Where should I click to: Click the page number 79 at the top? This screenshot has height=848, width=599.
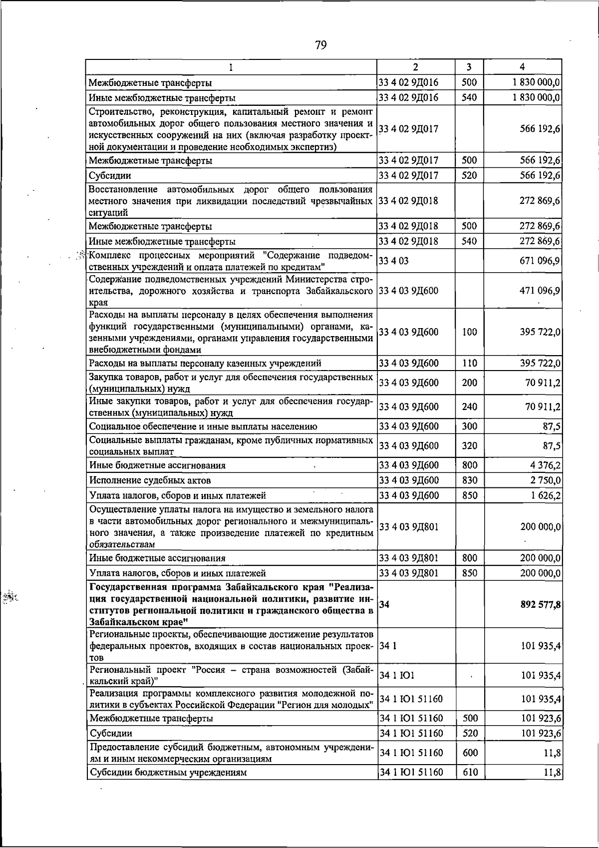321,45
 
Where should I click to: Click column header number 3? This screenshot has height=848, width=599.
469,67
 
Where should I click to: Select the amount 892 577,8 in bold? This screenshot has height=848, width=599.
540,605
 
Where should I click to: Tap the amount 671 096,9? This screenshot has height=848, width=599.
540,261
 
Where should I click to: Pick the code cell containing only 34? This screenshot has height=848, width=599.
384,605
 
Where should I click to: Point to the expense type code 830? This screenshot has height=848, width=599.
469,480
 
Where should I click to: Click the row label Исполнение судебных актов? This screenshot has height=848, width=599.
150,480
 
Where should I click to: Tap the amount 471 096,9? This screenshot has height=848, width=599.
540,290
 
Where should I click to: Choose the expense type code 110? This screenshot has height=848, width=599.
469,363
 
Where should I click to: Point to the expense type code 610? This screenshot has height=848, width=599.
469,773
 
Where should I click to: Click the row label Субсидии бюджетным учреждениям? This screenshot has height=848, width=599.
168,773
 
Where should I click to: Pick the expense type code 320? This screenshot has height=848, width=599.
469,445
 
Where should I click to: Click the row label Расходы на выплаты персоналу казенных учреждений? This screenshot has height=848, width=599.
205,363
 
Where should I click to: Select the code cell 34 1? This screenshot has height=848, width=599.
388,646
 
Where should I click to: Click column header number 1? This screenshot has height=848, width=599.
231,67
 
